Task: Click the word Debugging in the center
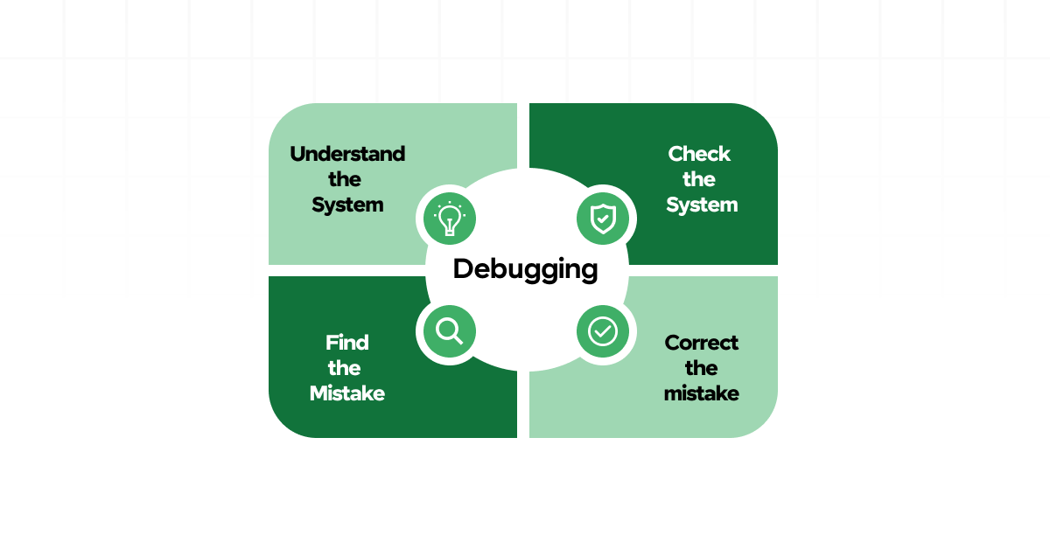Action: [525, 269]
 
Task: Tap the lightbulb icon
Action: [450, 219]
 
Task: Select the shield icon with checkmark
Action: [603, 219]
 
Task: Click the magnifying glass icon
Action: [450, 331]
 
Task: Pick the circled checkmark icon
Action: [603, 331]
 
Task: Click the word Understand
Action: [347, 154]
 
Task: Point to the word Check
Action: [699, 154]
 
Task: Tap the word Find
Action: [347, 343]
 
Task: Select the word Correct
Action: [702, 343]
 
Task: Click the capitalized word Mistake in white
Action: [347, 393]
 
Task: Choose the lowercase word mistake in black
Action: [702, 393]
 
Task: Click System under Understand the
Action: [347, 205]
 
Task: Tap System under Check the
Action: [702, 205]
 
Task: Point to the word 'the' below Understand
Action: [345, 179]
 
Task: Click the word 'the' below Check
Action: [699, 179]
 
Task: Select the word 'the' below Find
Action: [345, 368]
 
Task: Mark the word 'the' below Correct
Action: [702, 368]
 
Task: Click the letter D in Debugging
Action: [463, 268]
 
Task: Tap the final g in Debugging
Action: [589, 272]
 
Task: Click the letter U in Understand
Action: [298, 154]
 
